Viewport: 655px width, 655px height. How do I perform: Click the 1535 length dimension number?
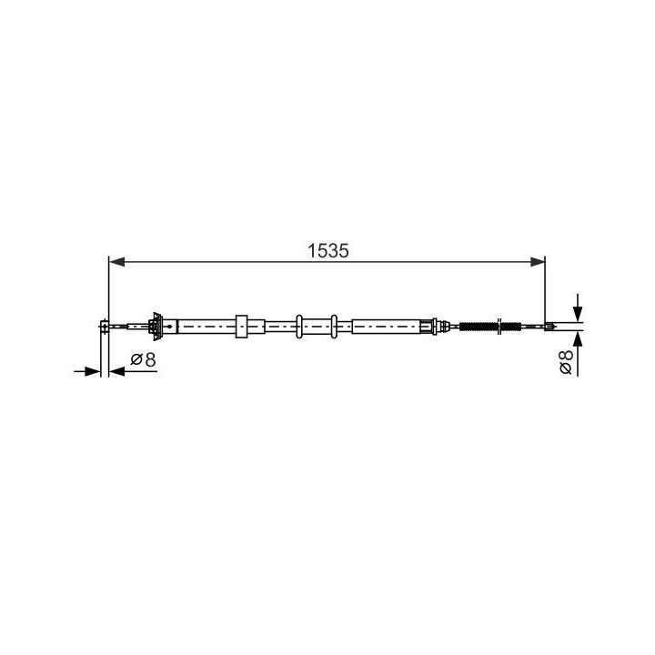point(327,250)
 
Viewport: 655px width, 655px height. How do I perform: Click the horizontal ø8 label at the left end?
point(143,360)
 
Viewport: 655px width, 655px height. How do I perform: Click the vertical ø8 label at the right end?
point(565,361)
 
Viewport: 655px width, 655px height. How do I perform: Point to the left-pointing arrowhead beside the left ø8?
point(116,371)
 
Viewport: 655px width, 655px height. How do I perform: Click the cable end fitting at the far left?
point(106,325)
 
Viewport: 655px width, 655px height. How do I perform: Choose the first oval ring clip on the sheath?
point(298,325)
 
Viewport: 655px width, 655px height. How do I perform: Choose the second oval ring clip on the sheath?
point(335,325)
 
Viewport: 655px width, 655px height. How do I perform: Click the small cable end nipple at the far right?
point(549,325)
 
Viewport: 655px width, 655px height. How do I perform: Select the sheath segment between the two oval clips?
point(317,325)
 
